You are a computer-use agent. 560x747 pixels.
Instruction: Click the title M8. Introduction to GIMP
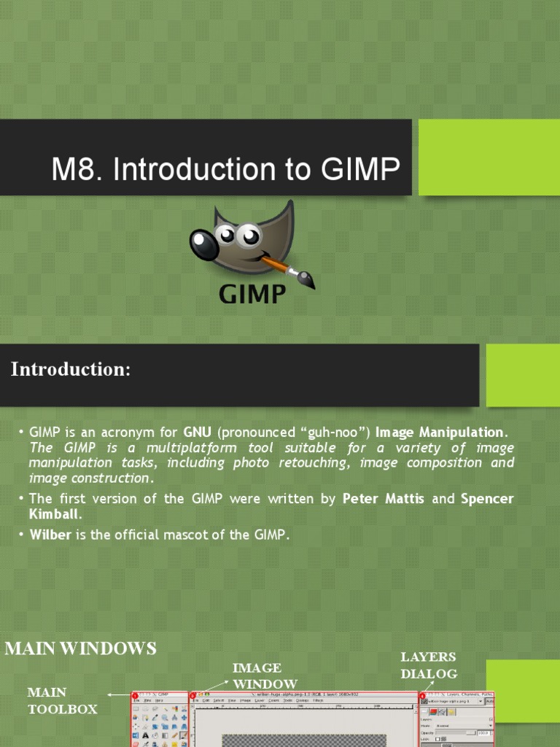pyautogui.click(x=225, y=169)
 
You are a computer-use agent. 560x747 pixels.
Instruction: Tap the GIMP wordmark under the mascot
pyautogui.click(x=252, y=294)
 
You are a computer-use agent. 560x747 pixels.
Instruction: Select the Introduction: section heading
pyautogui.click(x=71, y=370)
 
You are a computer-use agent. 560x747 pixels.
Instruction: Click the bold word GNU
pyautogui.click(x=198, y=432)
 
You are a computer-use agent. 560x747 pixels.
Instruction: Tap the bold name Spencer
pyautogui.click(x=486, y=499)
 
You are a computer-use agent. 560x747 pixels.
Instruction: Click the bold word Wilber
pyautogui.click(x=49, y=535)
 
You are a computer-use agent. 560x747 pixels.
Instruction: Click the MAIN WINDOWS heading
pyautogui.click(x=81, y=648)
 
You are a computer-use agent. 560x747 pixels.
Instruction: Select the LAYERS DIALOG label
pyautogui.click(x=429, y=665)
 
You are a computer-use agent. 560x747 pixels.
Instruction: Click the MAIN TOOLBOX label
pyautogui.click(x=62, y=700)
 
